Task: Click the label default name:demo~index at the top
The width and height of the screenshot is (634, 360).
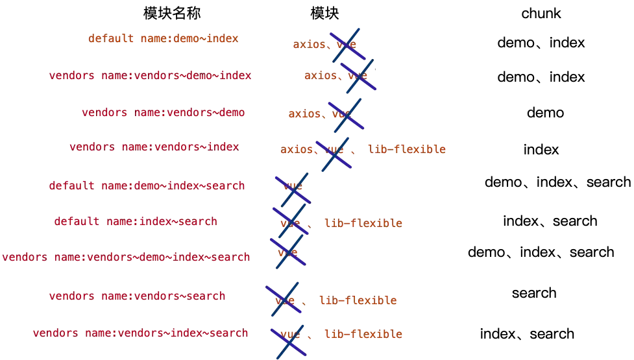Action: click(x=163, y=39)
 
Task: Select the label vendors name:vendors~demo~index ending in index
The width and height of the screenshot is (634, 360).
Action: click(x=149, y=77)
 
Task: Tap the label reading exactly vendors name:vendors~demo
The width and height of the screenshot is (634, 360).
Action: click(x=164, y=113)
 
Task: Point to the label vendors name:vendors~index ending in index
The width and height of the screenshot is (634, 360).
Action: click(x=153, y=147)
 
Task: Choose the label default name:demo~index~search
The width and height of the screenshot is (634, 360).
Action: click(x=147, y=186)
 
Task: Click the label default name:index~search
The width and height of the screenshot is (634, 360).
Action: click(x=135, y=222)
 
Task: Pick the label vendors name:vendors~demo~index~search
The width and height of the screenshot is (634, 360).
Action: click(x=126, y=258)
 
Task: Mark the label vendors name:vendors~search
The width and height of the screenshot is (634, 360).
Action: click(x=137, y=296)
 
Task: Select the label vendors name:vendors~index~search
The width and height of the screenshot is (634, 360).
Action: click(x=140, y=333)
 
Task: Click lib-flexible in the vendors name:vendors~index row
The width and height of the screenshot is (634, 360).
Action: click(x=407, y=149)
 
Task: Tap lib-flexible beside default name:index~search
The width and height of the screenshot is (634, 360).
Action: click(x=364, y=223)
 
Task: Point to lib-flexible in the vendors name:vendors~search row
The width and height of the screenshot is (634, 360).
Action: click(x=358, y=301)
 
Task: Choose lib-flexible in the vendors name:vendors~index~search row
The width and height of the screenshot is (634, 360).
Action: click(x=364, y=335)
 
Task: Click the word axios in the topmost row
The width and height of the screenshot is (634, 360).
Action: click(x=309, y=45)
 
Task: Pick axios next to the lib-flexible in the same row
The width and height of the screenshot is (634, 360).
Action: click(x=298, y=150)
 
